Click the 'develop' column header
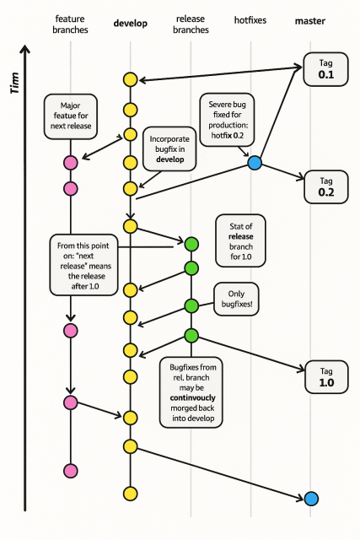130,24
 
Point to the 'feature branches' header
70,24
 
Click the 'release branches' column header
191,24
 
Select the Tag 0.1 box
325,69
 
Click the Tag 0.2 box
325,186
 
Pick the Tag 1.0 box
325,375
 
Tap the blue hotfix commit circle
254,162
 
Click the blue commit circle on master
311,498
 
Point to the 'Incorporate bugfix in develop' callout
170,149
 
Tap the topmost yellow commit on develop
130,80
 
